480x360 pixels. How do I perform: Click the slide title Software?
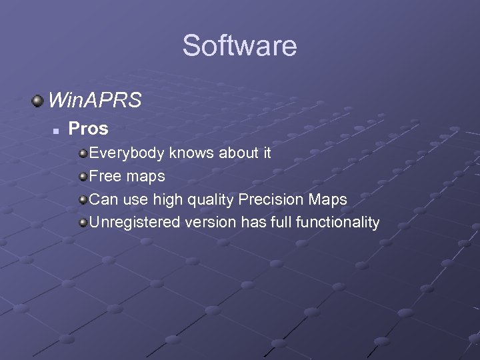(x=239, y=46)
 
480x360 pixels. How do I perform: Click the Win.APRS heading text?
(x=95, y=101)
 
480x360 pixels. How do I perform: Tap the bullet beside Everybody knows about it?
(x=83, y=153)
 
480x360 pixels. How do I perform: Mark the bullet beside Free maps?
(x=83, y=177)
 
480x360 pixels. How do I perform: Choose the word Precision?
(x=273, y=199)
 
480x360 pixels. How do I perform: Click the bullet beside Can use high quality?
(x=83, y=199)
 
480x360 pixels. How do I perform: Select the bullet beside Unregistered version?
(x=83, y=222)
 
